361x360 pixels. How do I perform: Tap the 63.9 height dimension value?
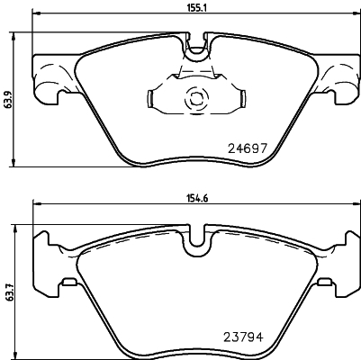coord(8,99)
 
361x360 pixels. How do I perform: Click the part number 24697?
coord(248,148)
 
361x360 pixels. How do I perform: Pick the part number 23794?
coord(244,337)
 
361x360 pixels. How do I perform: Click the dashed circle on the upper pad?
coord(195,99)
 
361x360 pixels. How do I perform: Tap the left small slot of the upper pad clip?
coord(150,99)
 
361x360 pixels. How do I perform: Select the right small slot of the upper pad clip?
coord(242,99)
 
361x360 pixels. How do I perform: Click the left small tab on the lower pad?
coord(69,282)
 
